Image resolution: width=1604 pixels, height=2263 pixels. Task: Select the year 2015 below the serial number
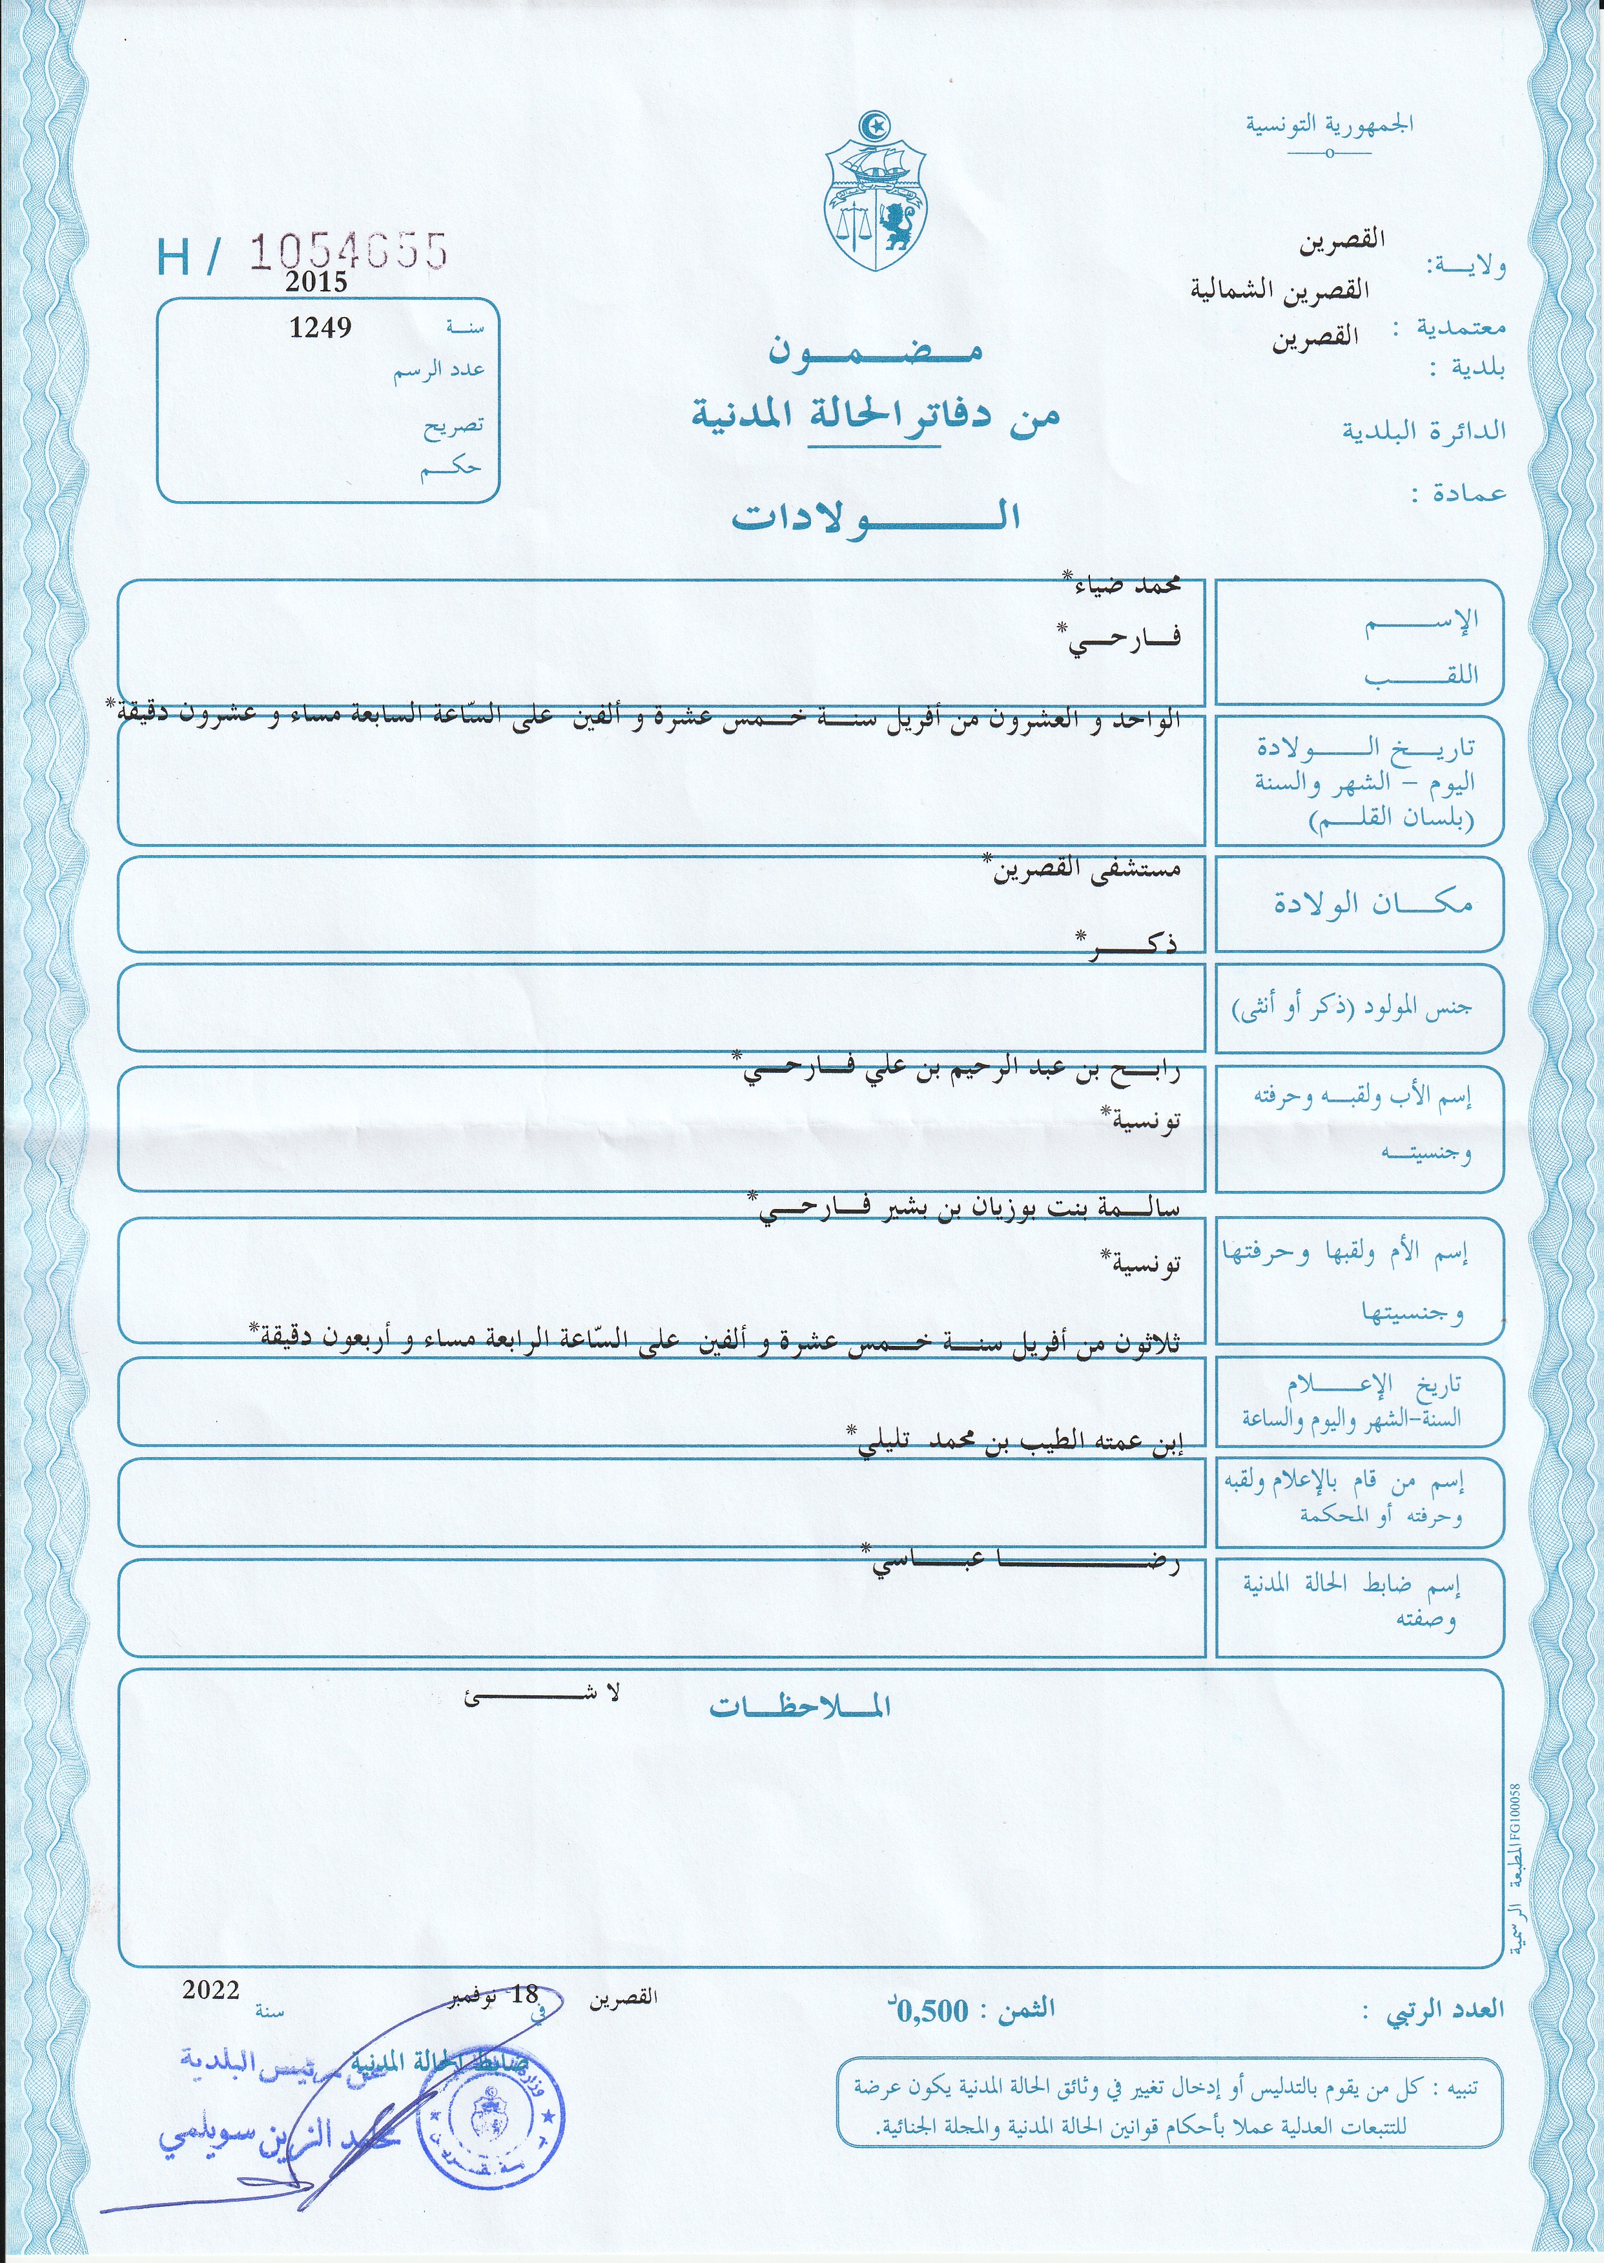[316, 282]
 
